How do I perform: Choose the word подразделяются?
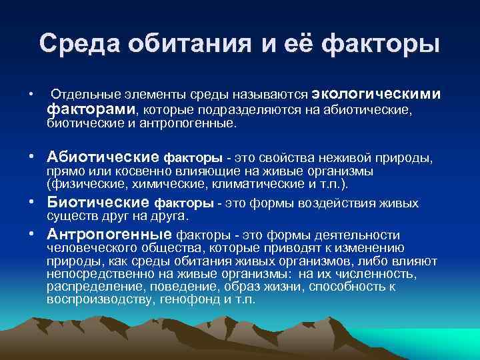tap(231, 110)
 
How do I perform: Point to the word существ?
tap(70, 217)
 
